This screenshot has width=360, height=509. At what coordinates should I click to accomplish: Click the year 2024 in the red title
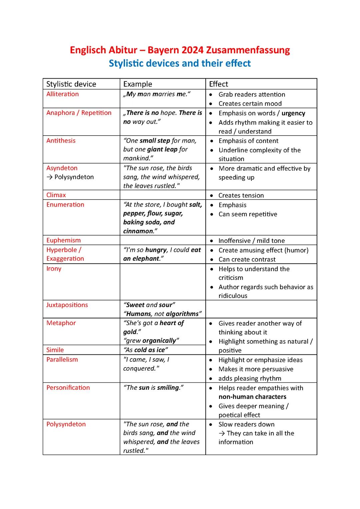click(193, 50)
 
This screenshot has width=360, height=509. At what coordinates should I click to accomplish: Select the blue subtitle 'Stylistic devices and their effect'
click(180, 63)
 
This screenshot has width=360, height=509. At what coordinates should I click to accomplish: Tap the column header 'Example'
click(137, 84)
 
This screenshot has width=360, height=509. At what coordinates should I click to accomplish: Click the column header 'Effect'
click(218, 84)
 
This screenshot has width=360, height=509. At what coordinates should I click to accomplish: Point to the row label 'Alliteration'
click(62, 94)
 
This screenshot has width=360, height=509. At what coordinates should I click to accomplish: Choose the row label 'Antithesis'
click(61, 141)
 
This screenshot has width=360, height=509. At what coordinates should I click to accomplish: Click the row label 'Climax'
click(56, 195)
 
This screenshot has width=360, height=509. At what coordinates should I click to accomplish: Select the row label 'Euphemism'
click(63, 240)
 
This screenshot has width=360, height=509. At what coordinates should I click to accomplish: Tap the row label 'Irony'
click(54, 268)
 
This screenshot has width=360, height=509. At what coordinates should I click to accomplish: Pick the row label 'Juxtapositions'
click(67, 305)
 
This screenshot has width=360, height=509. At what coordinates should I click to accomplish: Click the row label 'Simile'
click(55, 350)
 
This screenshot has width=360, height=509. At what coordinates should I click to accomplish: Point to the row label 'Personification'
click(68, 387)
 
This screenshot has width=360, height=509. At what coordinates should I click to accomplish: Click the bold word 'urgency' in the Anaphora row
click(293, 113)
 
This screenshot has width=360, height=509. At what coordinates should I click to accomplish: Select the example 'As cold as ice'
click(145, 350)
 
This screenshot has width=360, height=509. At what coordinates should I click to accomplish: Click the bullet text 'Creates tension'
click(241, 195)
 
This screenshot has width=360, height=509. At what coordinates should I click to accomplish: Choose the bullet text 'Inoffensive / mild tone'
click(251, 241)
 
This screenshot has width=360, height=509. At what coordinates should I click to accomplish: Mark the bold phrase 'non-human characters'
click(252, 397)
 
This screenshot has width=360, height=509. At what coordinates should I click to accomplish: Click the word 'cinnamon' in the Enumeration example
click(138, 231)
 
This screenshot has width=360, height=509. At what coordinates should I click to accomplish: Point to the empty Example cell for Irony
click(163, 282)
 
